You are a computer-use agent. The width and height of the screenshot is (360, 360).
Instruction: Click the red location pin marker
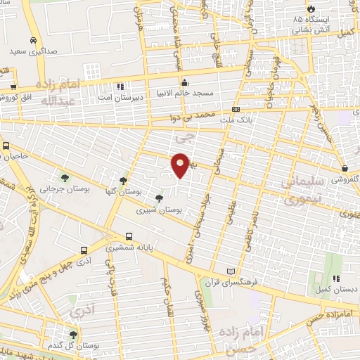[x=181, y=165]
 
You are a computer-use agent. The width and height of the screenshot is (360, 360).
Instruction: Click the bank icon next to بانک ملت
[x=236, y=110]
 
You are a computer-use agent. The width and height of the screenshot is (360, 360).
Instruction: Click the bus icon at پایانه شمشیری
[x=129, y=237]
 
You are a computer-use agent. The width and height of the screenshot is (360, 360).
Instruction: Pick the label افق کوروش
[x=18, y=96]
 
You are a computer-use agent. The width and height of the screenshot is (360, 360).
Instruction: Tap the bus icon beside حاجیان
[x=6, y=146]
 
